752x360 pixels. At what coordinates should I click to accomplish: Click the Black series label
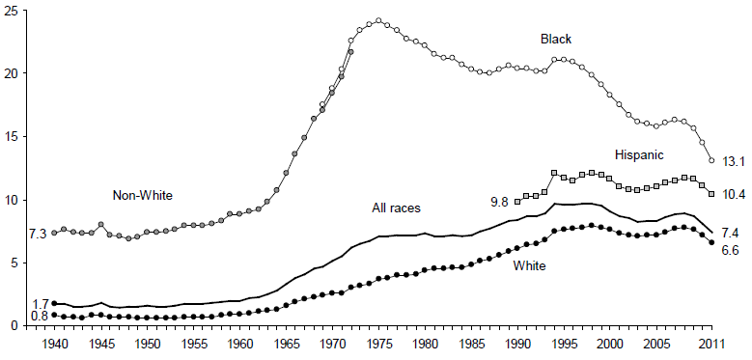555,39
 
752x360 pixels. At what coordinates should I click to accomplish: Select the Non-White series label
141,195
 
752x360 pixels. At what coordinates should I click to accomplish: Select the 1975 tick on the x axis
377,344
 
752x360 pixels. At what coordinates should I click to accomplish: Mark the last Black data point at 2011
711,160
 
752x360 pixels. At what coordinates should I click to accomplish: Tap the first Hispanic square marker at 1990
517,202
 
